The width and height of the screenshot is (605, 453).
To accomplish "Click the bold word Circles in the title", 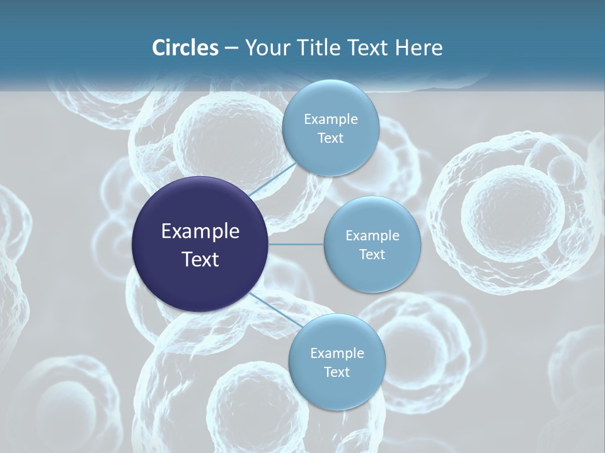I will click(x=185, y=47).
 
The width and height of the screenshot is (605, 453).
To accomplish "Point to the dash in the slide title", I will click(x=231, y=48).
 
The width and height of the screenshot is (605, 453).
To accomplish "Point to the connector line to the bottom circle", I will click(x=271, y=308).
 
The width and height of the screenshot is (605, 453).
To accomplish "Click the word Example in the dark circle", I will click(x=200, y=232).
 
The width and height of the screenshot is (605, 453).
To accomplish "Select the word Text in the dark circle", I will click(x=200, y=259).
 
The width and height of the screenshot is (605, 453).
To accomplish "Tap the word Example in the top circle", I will click(x=331, y=120).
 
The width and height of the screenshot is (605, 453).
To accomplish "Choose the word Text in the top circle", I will click(x=331, y=138).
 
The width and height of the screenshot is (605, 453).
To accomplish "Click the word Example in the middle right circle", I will click(x=372, y=236).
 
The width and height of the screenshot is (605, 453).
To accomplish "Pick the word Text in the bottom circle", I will click(x=337, y=372).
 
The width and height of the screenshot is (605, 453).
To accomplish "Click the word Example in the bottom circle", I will click(x=337, y=354).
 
